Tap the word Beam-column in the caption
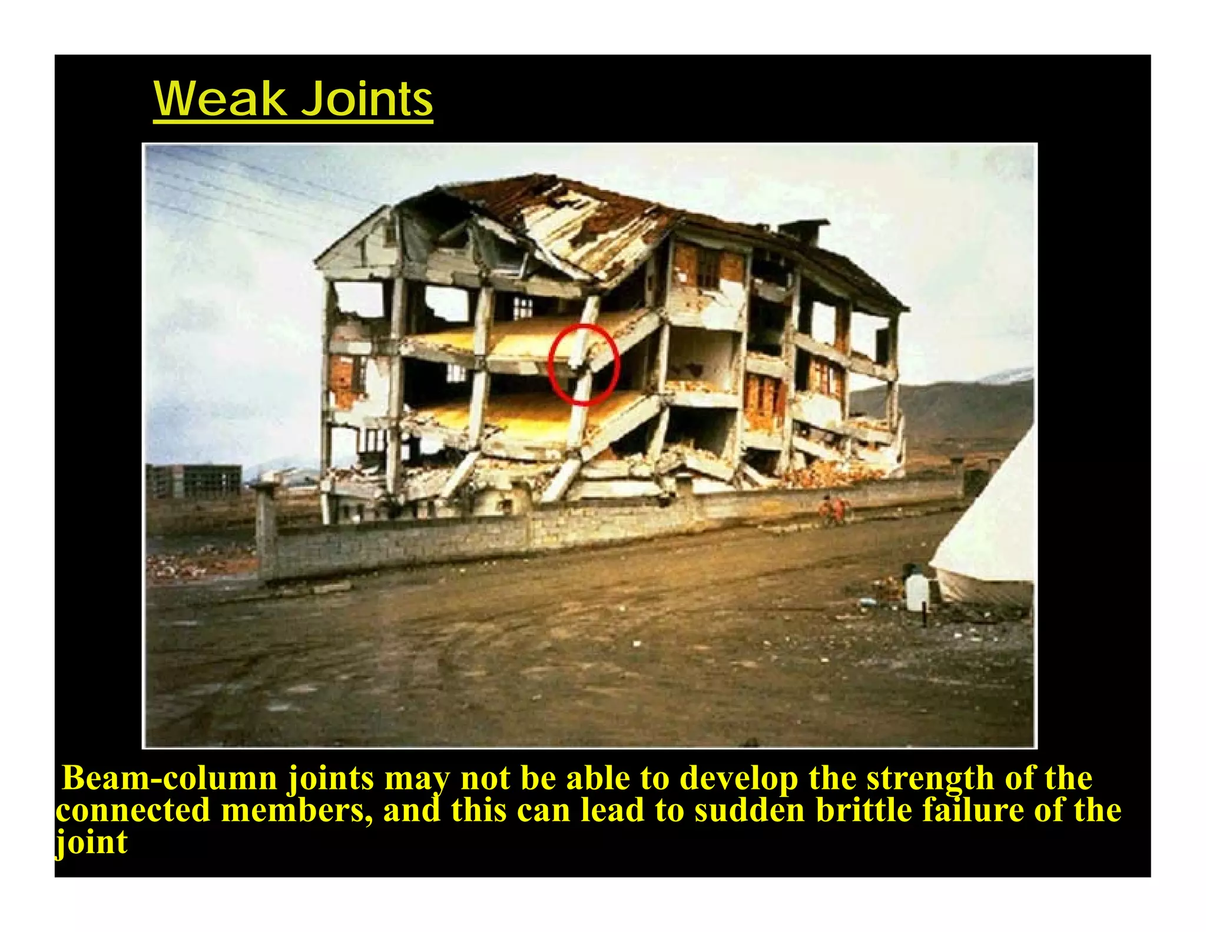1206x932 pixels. tap(170, 779)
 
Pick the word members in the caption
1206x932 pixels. tap(297, 810)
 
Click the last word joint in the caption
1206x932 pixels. tap(91, 842)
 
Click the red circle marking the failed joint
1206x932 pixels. tap(584, 364)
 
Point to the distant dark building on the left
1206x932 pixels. tap(194, 481)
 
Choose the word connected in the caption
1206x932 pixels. tap(133, 810)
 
